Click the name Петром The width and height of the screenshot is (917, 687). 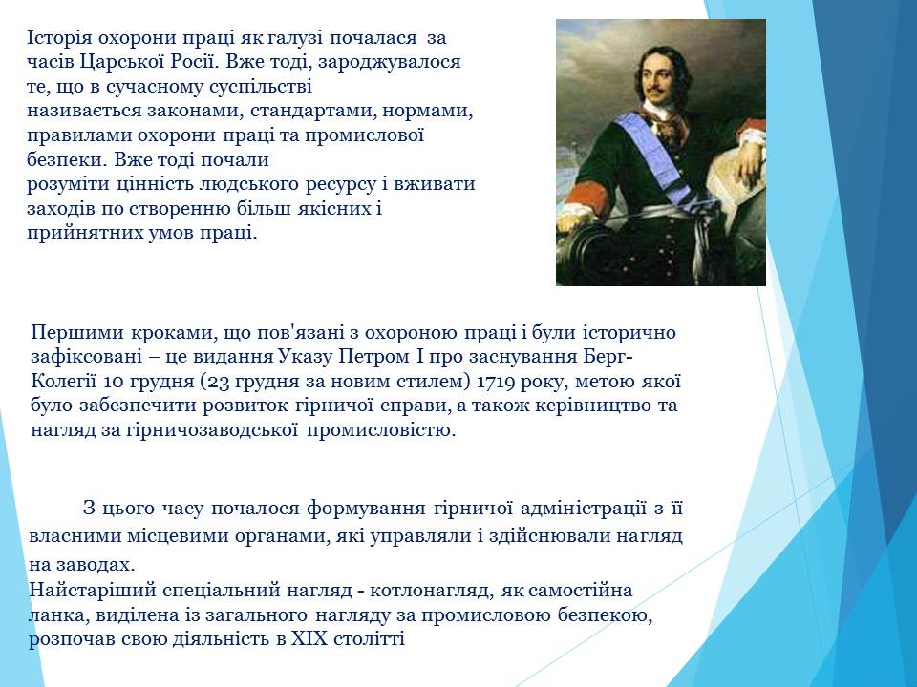tap(372, 357)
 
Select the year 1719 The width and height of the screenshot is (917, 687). tap(497, 382)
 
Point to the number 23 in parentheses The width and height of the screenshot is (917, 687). tap(218, 382)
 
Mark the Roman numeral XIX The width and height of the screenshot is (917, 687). tap(309, 639)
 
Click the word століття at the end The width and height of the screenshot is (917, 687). tap(369, 639)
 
